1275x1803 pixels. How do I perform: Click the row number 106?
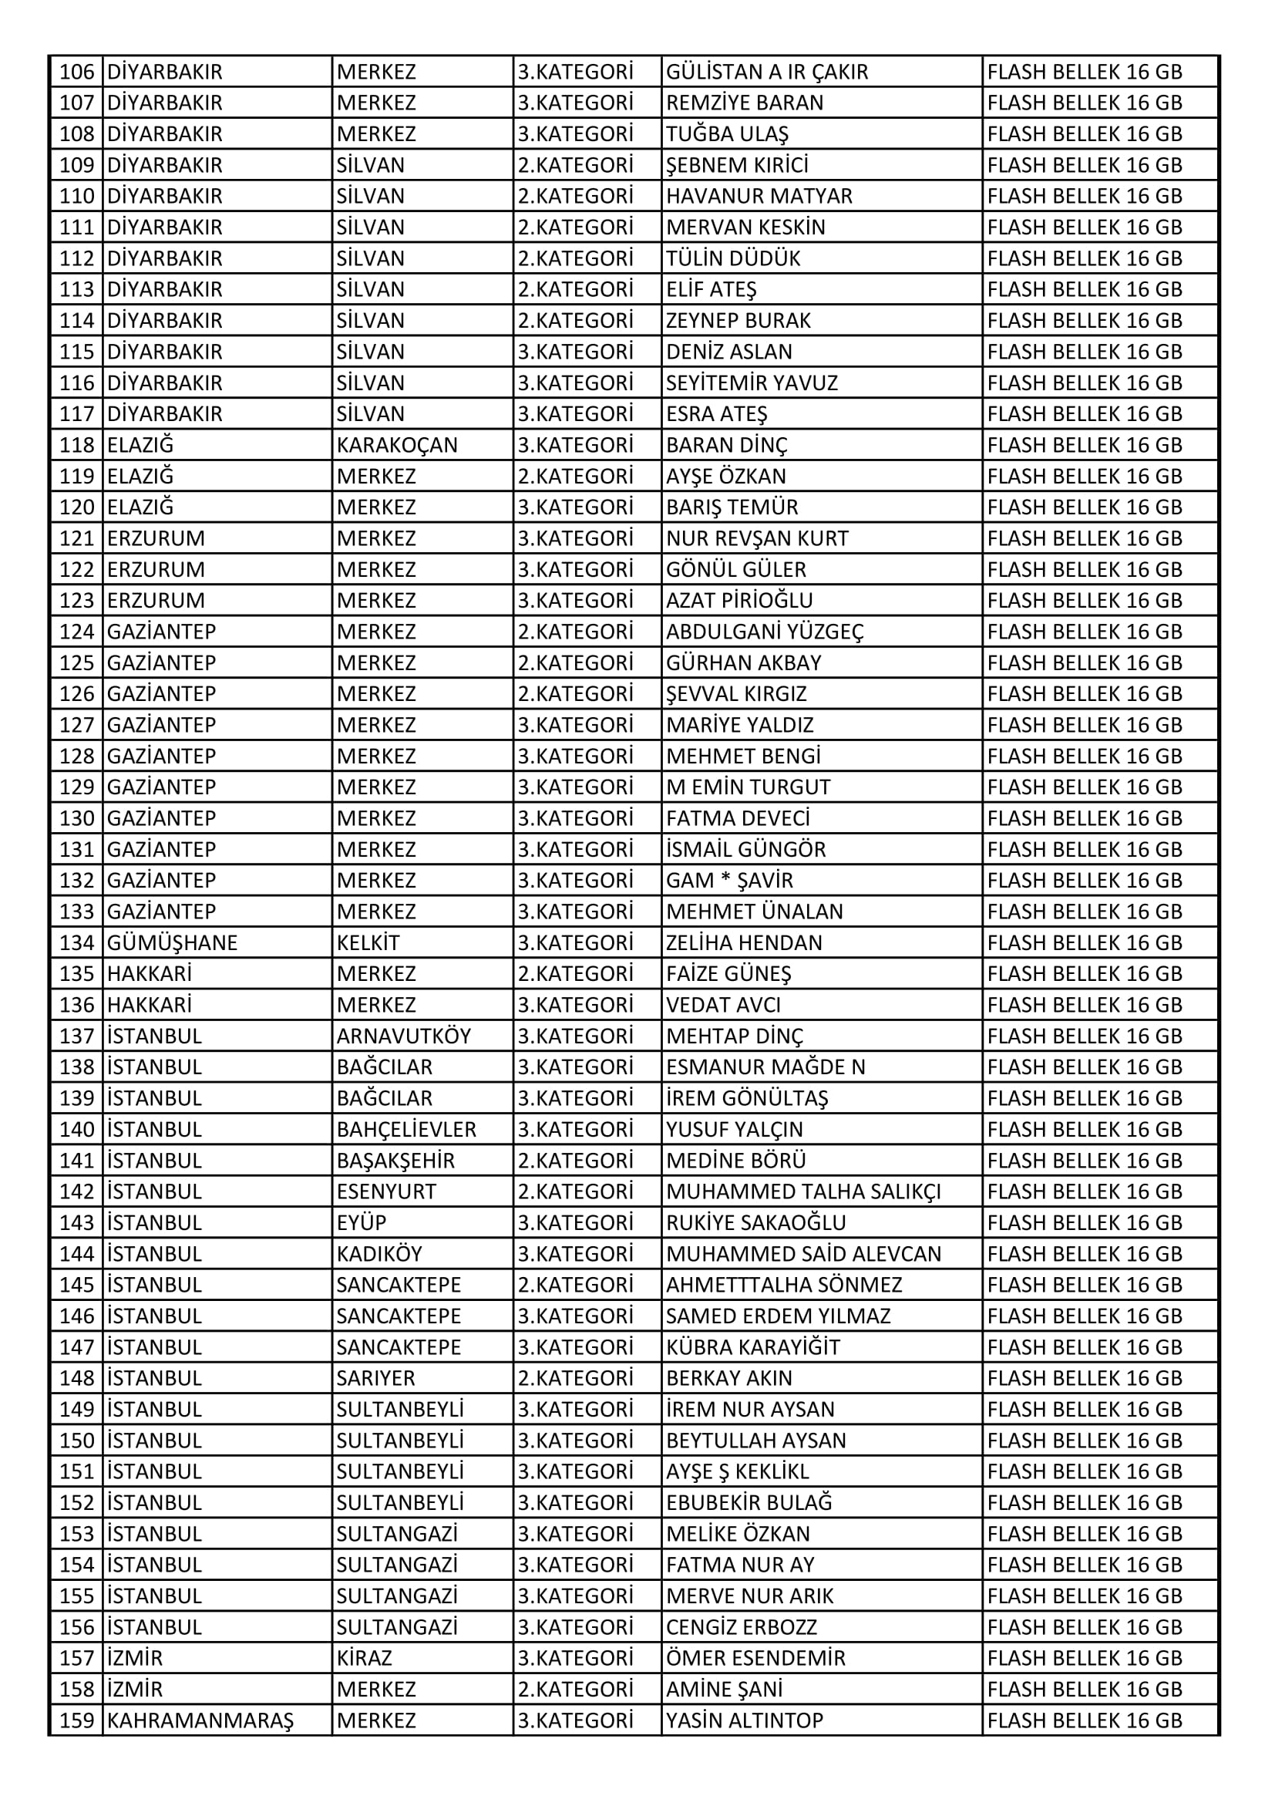77,72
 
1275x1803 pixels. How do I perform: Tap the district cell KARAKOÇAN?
396,445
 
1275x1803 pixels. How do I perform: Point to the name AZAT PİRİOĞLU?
738,601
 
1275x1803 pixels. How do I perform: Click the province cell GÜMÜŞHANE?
172,942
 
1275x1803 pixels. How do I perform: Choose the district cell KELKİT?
368,942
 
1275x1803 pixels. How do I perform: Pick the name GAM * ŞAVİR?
729,881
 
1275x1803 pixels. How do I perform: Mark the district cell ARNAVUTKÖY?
403,1036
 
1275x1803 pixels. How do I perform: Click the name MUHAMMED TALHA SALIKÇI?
803,1191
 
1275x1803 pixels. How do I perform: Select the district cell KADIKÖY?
379,1253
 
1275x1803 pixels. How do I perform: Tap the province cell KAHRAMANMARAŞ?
200,1720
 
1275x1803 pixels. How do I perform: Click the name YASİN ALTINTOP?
745,1720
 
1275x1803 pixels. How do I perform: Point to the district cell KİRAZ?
365,1658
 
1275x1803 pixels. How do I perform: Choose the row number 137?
77,1036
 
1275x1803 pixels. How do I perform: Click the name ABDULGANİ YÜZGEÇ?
765,632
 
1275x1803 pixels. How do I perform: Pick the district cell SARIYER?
376,1377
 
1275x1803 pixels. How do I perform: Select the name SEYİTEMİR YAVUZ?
752,383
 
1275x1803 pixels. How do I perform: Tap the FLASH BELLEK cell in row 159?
1085,1720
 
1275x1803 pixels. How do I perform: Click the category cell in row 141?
575,1160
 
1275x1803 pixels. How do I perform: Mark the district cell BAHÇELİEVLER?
406,1129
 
